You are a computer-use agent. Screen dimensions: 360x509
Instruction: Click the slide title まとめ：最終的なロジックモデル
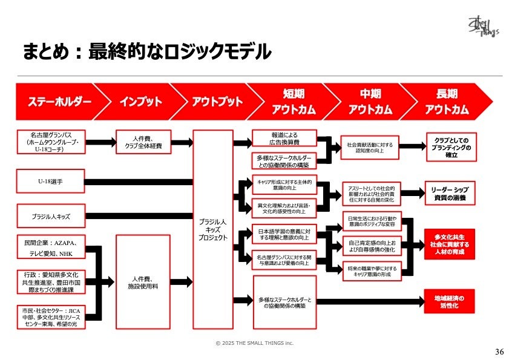click(146, 52)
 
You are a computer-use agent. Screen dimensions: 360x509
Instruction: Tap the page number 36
click(499, 352)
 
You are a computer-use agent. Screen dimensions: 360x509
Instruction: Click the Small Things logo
click(482, 27)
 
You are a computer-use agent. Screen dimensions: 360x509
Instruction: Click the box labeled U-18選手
click(50, 181)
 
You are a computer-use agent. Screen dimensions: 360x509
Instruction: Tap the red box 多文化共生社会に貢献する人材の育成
click(450, 243)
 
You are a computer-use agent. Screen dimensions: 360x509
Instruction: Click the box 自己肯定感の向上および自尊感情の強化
click(372, 246)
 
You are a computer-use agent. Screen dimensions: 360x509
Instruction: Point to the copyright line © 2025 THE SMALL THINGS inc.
click(254, 342)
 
